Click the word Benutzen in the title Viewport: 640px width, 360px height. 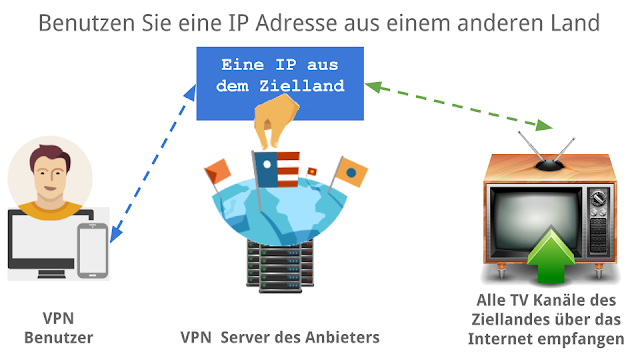point(87,23)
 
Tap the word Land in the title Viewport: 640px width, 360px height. point(576,23)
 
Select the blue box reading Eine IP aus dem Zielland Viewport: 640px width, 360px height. point(280,83)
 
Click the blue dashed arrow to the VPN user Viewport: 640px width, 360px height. point(153,163)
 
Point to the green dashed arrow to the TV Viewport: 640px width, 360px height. point(458,106)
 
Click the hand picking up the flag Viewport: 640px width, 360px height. point(276,121)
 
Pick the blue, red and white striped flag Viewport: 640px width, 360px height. point(276,170)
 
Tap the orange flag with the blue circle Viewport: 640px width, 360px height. point(350,172)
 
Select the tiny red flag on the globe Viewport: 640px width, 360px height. point(312,171)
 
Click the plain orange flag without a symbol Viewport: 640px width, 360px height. point(218,171)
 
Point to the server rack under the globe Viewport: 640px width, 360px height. point(280,266)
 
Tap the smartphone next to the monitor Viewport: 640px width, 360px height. point(93,250)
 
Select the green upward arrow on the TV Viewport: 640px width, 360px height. point(551,256)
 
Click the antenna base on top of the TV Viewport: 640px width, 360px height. point(550,165)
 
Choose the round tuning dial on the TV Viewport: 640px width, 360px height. point(598,199)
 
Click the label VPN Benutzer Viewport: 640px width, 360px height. point(59,328)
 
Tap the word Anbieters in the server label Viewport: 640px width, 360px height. point(342,338)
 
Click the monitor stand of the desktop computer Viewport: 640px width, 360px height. point(52,273)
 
